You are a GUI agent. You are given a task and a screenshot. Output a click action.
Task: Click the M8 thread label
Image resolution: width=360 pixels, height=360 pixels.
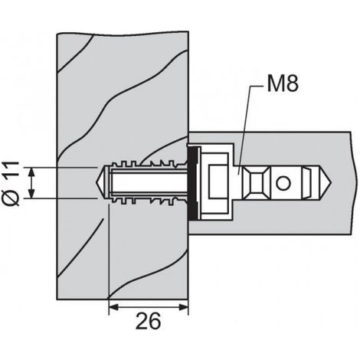click(x=283, y=83)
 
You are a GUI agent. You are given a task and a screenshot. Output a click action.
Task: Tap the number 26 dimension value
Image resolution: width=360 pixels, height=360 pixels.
click(x=149, y=321)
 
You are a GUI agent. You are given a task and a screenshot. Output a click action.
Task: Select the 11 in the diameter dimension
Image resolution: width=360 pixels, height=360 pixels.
click(x=11, y=169)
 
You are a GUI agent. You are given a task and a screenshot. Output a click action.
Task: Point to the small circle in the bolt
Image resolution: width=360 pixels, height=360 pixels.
click(x=283, y=183)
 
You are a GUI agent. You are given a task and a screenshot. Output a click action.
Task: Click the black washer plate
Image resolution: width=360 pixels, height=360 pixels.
click(x=192, y=183)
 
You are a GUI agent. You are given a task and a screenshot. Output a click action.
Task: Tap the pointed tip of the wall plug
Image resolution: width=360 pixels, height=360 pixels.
click(x=97, y=182)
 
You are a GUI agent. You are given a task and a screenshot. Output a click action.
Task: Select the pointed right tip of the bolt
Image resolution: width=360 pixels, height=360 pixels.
click(x=332, y=183)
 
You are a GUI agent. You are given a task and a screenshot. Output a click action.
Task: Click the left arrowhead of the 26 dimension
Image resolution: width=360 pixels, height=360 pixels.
click(x=114, y=307)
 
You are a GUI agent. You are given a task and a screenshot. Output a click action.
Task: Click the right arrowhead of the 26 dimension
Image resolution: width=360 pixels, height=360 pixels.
click(x=183, y=307)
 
